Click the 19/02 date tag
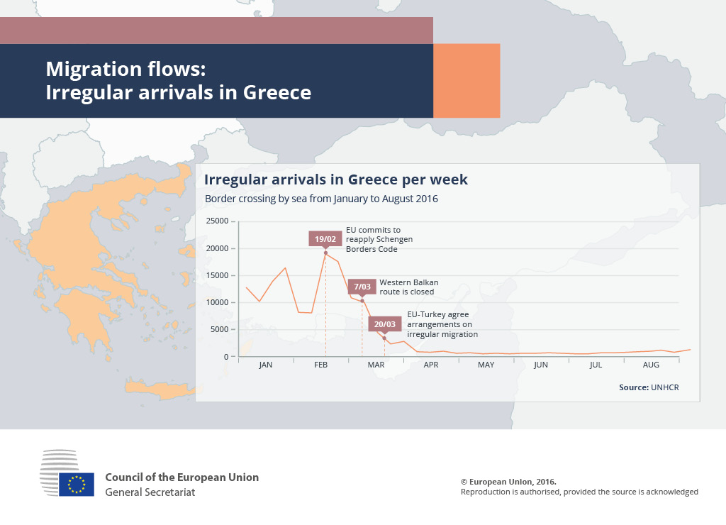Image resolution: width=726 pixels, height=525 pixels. point(325,239)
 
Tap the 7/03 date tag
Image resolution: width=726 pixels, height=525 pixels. point(362,287)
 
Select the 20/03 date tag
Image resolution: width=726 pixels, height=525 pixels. point(385,324)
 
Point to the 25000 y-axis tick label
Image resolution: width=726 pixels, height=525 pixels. point(217,221)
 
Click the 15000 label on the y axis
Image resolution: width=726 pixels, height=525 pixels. point(217,275)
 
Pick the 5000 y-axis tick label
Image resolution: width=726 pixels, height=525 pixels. point(220,329)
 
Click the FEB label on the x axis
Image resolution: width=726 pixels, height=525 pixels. point(321,365)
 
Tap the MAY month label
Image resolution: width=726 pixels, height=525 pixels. point(486,365)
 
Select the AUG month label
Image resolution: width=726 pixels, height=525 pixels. point(651,365)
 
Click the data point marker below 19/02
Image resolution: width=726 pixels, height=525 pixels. point(325,253)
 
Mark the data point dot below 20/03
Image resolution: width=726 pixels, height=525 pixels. point(384,338)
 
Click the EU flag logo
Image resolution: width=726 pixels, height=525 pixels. point(77,485)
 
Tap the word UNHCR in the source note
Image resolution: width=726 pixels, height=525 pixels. point(665,387)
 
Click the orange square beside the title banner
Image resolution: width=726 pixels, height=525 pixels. point(467,81)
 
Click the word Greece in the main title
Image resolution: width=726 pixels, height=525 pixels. point(277,92)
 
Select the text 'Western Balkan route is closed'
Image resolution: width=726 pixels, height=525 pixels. point(409,287)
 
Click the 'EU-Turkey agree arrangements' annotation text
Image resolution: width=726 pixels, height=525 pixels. point(442,324)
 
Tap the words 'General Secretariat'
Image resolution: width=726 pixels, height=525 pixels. point(150,492)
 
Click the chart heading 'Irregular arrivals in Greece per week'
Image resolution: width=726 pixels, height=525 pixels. point(336,179)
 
